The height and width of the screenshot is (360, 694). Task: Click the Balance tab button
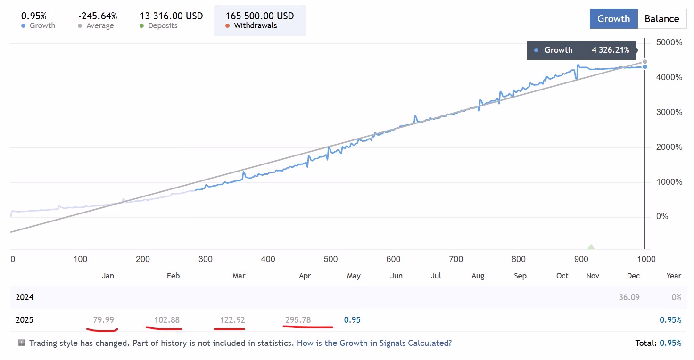click(x=662, y=19)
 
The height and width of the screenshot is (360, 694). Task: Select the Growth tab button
click(x=613, y=19)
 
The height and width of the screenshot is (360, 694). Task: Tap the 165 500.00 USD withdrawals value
click(x=260, y=16)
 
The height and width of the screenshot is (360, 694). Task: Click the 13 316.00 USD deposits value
click(x=171, y=16)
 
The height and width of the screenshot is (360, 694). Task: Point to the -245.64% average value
click(x=98, y=16)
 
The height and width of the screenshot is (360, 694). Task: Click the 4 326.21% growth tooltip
click(x=582, y=50)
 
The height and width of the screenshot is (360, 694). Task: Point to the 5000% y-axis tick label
click(x=669, y=42)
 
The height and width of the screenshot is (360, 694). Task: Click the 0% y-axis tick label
click(x=662, y=216)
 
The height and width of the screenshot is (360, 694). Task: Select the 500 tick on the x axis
click(x=330, y=259)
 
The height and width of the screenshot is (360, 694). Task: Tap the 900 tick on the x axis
click(x=581, y=259)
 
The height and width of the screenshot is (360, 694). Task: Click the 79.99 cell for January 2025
click(x=103, y=320)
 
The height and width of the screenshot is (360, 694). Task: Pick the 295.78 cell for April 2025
click(x=298, y=320)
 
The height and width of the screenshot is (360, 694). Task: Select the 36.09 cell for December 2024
click(x=629, y=297)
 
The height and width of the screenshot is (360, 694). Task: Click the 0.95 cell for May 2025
click(x=352, y=320)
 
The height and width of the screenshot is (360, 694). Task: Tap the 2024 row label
click(x=25, y=297)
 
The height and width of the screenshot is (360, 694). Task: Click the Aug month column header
click(x=478, y=276)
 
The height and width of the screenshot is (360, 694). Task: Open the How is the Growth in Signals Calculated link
click(x=374, y=343)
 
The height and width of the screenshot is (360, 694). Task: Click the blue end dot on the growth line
click(x=645, y=67)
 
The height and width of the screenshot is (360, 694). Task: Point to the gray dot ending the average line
click(x=645, y=62)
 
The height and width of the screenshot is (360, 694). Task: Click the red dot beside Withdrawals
click(x=227, y=26)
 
